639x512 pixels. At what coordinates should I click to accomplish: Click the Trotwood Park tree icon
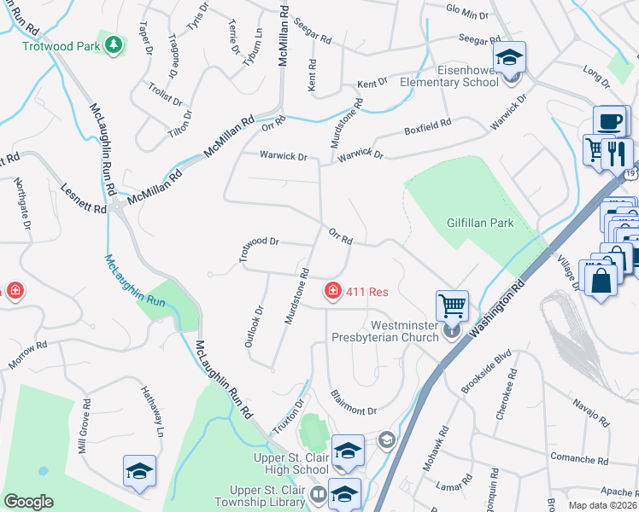pos(112,44)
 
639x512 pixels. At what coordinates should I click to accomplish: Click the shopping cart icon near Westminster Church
pos(451,304)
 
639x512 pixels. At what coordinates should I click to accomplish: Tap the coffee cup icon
pos(609,122)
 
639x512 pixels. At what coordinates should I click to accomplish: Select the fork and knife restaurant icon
pos(617,154)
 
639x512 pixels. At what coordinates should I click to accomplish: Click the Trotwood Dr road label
pos(259,247)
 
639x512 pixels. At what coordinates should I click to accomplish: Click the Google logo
pos(28,502)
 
